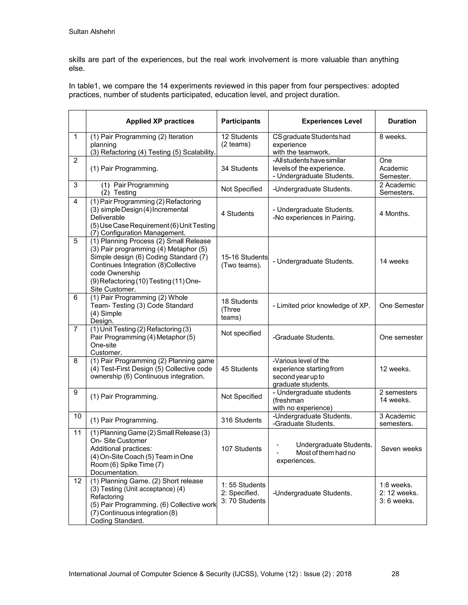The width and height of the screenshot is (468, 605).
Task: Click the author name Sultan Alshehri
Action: [x=92, y=32]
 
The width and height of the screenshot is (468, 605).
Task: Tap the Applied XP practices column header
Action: [x=160, y=121]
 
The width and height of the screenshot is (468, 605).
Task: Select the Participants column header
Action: [x=241, y=121]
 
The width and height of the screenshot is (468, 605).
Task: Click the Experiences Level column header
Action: [x=332, y=121]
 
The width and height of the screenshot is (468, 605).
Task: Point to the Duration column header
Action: [x=402, y=121]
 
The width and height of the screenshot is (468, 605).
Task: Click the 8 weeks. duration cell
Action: [x=393, y=137]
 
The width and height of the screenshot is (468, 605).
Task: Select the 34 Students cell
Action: [x=239, y=168]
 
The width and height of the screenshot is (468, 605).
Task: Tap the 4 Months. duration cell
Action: [x=394, y=214]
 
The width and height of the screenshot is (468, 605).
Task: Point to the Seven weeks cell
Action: [x=401, y=449]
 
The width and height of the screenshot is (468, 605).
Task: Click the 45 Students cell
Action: [x=239, y=369]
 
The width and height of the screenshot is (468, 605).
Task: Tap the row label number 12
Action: [x=77, y=481]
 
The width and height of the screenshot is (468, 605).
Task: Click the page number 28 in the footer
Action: [x=395, y=574]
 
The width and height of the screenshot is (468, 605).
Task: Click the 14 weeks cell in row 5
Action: [x=394, y=261]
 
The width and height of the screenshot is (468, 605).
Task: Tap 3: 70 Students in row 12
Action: [x=243, y=501]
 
